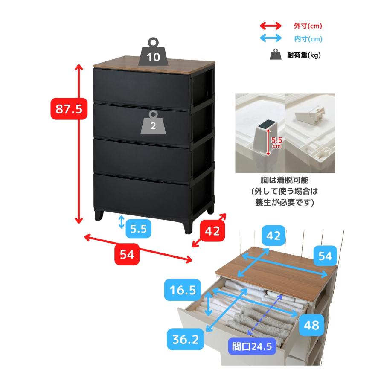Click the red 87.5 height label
coord(69,109)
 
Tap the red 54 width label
coord(127,254)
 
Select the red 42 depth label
coord(212,231)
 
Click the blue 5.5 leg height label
coord(138,229)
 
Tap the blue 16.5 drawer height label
coord(183,290)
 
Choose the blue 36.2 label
coord(186,339)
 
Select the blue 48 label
coord(311,325)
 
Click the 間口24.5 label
coord(252,346)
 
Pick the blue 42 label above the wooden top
coord(273,236)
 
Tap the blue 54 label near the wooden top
coord(325,256)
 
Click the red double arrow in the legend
coord(271,26)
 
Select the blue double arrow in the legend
coord(271,38)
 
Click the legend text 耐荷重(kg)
coord(304,55)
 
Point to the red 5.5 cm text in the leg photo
coord(277,143)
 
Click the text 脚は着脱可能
coord(285,180)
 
